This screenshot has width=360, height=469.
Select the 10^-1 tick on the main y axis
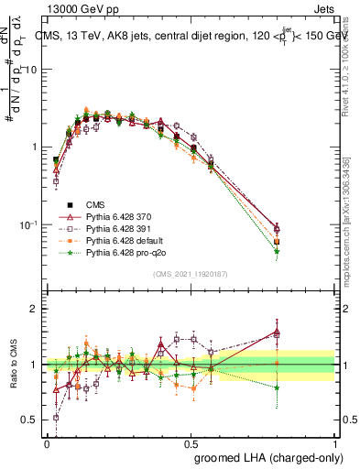pyautogui.click(x=29, y=224)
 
